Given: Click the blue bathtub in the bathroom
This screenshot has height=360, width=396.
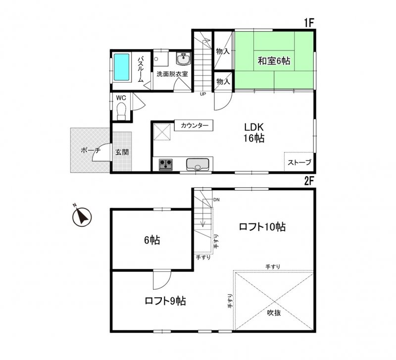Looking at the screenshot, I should click(x=122, y=67).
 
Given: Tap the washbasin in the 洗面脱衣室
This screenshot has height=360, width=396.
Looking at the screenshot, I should click(x=184, y=59).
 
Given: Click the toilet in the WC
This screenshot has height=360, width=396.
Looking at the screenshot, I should click(x=122, y=112).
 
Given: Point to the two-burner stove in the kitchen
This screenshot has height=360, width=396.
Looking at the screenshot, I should click(x=165, y=164).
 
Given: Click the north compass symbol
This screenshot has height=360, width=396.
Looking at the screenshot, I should click(x=81, y=216).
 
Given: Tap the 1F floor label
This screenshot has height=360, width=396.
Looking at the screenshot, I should click(x=309, y=23).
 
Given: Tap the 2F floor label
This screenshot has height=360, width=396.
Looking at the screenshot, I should click(x=309, y=181).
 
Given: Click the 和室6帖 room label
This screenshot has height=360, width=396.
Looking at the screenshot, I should click(x=274, y=61).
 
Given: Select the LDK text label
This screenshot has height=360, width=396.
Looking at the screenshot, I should click(x=253, y=127).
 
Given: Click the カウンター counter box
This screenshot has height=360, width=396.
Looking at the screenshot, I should click(x=194, y=126).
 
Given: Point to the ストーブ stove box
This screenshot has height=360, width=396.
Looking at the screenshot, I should click(x=299, y=162).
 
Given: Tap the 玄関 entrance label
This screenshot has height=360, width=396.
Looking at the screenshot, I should click(x=122, y=152).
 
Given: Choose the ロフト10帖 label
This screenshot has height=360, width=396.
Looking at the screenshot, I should click(x=262, y=227).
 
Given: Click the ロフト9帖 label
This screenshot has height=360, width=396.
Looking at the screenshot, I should click(x=165, y=301).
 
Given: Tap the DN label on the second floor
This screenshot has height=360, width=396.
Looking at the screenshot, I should click(x=216, y=200).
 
